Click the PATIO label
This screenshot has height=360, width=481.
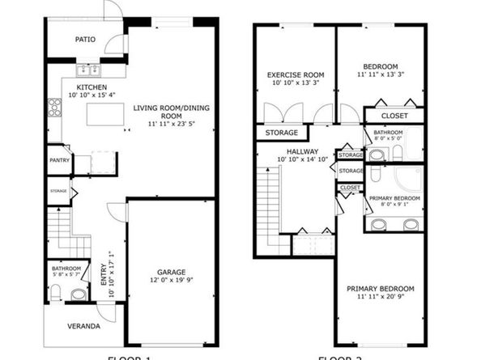click(x=86, y=38)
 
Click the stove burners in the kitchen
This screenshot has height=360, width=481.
click(x=54, y=107)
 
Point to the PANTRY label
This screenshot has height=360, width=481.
click(x=60, y=159)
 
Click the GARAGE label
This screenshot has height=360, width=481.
click(x=172, y=272)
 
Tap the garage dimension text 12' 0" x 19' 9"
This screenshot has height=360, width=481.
click(x=172, y=281)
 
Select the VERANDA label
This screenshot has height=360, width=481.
click(x=83, y=327)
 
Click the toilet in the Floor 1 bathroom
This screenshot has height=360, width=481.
click(x=79, y=294)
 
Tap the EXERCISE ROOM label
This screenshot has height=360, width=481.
click(x=296, y=74)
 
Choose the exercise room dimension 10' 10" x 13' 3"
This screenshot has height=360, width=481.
click(x=296, y=83)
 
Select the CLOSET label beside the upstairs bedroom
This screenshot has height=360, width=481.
click(x=394, y=116)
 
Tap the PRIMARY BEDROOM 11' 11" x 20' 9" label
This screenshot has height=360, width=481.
click(x=380, y=289)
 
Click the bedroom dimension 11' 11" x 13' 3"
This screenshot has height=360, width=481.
click(x=380, y=74)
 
